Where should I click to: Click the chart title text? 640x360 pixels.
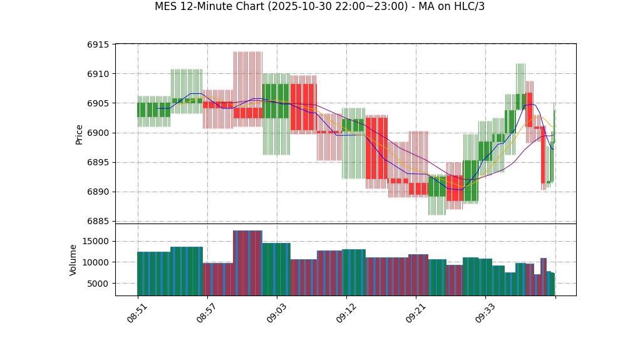319,7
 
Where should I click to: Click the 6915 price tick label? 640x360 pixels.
98,44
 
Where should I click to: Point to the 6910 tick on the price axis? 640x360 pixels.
98,74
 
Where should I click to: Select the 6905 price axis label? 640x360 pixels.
98,103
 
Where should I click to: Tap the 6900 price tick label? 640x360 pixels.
98,133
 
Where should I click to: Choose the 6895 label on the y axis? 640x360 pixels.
98,162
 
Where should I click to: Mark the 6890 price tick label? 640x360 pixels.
98,192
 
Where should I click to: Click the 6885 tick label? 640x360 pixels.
98,221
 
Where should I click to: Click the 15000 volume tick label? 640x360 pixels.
95,241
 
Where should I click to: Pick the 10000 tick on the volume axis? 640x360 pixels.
95,262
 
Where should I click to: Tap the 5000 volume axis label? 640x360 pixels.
98,284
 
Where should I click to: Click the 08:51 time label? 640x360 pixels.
138,312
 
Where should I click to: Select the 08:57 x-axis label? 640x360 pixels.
207,312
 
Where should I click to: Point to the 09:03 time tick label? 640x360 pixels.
277,312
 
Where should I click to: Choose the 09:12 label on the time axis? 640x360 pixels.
346,312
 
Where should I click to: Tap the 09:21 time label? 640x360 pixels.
416,312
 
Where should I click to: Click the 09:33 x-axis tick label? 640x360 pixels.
485,312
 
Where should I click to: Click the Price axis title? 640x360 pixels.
80,133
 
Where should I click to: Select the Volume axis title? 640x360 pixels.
73,260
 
